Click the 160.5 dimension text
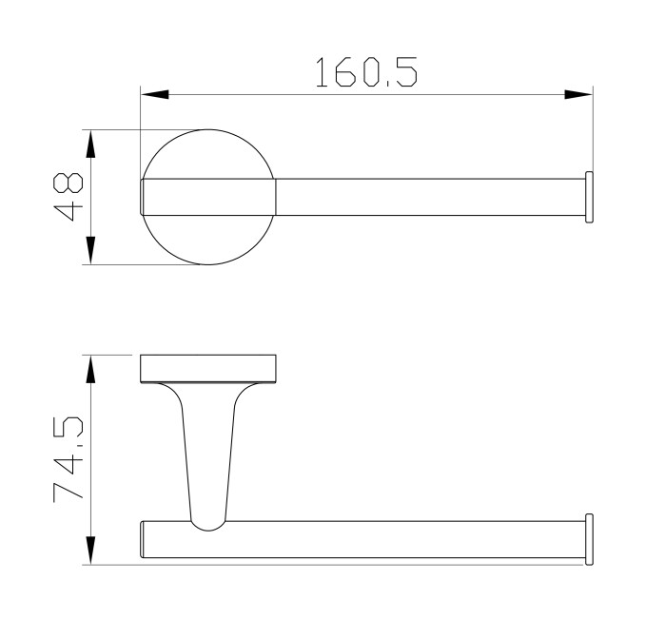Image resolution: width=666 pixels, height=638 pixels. [366, 73]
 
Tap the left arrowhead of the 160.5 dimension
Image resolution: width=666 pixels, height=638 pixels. [155, 95]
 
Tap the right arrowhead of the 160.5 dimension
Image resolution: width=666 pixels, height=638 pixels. [578, 95]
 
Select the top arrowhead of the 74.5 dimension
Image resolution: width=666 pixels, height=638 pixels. [90, 369]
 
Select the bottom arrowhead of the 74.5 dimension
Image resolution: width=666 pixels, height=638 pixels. [90, 551]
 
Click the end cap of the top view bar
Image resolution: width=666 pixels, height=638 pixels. [590, 198]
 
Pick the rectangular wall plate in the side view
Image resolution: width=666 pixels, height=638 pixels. [208, 368]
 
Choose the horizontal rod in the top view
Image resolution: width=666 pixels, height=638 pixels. [428, 198]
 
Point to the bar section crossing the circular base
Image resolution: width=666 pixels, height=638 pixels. [209, 198]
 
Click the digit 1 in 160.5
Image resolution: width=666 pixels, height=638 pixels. [324, 73]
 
